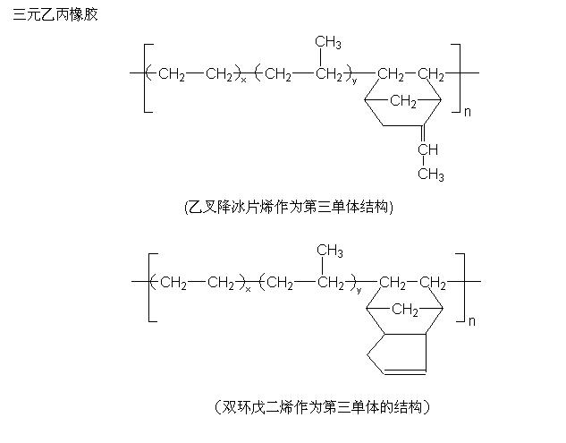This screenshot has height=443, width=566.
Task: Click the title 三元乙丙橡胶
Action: [x=55, y=16]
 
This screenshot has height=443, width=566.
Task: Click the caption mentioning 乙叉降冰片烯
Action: [x=288, y=206]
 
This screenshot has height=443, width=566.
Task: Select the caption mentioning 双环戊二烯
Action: [x=323, y=407]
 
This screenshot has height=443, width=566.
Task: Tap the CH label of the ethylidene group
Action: [x=428, y=149]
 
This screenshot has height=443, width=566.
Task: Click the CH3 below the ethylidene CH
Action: [x=430, y=174]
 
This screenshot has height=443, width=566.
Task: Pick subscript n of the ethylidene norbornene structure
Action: [x=467, y=112]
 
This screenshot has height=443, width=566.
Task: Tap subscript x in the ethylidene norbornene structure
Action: [x=243, y=81]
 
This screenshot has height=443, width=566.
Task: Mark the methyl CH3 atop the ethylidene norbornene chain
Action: [x=328, y=43]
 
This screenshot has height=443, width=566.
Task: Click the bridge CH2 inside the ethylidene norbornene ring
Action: [x=403, y=102]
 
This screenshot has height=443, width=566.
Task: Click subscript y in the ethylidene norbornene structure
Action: [x=354, y=81]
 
